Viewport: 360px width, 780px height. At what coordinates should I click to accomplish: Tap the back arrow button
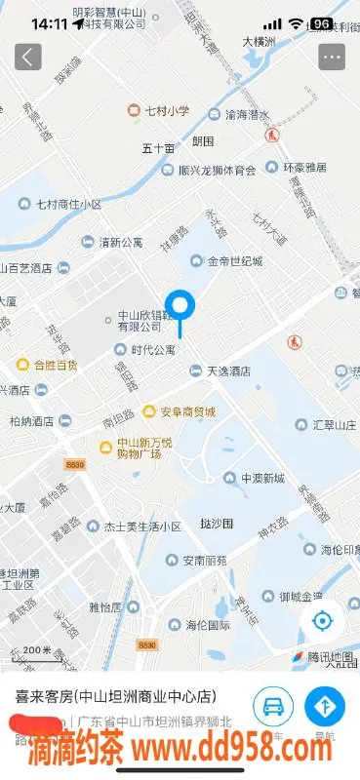(x=27, y=56)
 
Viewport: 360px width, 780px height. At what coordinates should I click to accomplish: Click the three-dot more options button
(x=332, y=56)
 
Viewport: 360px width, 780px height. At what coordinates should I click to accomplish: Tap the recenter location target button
(x=323, y=621)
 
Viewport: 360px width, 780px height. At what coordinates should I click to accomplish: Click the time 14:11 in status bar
(x=49, y=22)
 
